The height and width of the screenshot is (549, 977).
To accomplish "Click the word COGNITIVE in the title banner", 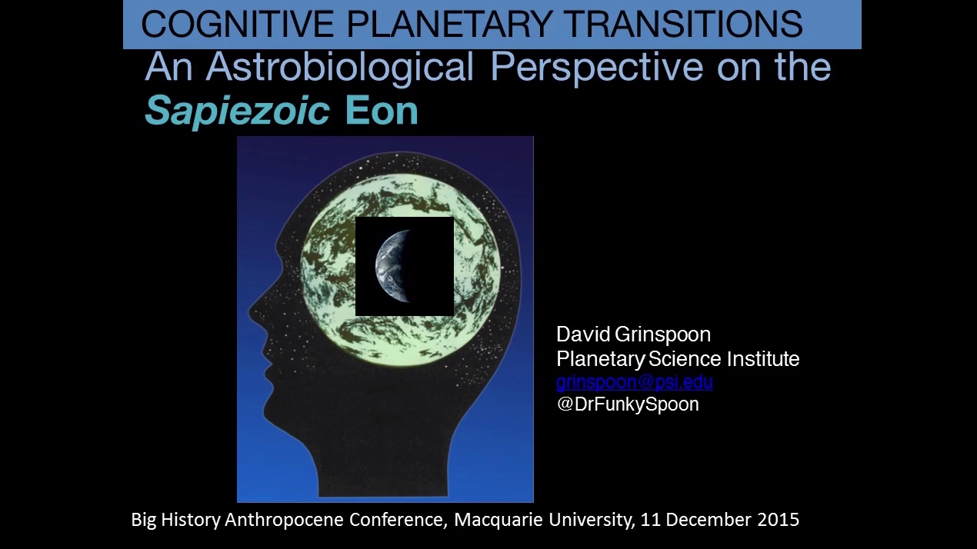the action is [x=238, y=24].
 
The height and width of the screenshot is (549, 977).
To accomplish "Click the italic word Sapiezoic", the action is [x=237, y=111].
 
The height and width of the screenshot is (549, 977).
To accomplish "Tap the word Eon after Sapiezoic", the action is [x=382, y=111].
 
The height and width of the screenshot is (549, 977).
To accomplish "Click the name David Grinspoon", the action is [x=633, y=334].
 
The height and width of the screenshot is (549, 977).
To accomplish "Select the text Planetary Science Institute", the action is [x=678, y=359].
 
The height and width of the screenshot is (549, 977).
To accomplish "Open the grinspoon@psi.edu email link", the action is [x=635, y=382].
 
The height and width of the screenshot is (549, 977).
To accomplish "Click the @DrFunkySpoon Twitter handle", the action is [x=628, y=404].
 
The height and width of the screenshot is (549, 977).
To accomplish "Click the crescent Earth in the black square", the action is [x=392, y=266].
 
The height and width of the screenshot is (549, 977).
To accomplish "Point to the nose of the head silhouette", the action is [x=252, y=312].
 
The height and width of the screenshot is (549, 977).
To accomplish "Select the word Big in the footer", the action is [x=144, y=520].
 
